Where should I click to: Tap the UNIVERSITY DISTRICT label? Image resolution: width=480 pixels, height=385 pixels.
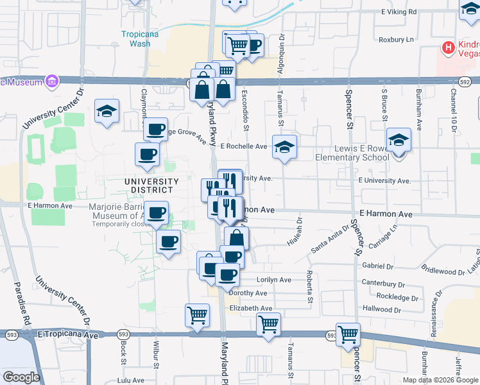148,186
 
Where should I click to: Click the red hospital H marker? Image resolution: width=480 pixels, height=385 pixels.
448,47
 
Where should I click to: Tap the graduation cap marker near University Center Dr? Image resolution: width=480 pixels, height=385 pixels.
107,111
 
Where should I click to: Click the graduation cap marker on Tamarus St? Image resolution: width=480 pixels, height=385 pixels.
284,147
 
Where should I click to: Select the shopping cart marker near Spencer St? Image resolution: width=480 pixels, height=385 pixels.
348,334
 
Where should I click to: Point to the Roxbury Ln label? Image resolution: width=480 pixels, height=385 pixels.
397,39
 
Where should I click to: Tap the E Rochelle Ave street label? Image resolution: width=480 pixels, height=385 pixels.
243,146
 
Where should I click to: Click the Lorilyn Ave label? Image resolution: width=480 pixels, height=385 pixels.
273,280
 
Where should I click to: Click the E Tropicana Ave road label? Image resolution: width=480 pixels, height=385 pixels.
67,334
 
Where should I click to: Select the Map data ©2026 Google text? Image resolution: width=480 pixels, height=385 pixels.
440,380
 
